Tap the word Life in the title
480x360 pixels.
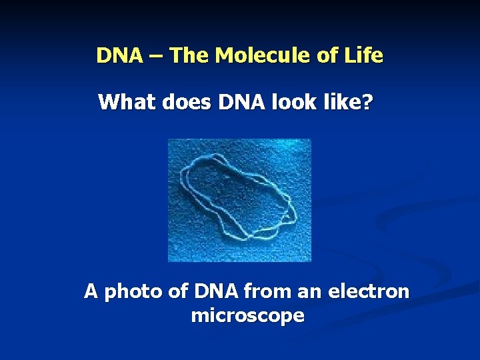point(365,55)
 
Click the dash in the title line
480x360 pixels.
point(157,56)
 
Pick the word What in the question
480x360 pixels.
point(123,103)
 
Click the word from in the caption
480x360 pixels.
point(265,292)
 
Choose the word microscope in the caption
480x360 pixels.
point(247,316)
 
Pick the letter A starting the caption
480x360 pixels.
point(91,292)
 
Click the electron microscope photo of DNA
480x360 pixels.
point(239,200)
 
